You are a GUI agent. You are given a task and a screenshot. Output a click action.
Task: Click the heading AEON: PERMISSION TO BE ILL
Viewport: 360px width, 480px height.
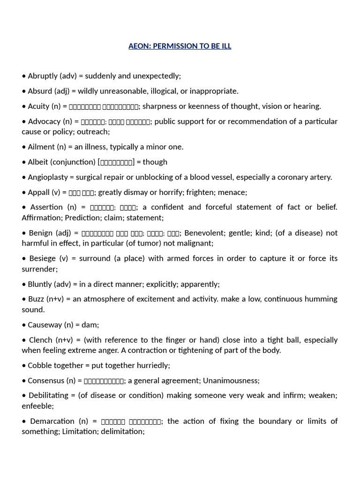[x=180, y=46]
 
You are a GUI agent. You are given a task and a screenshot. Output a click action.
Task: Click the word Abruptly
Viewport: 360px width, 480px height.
[x=43, y=76]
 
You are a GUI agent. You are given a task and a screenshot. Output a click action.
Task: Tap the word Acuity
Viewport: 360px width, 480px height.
[x=38, y=106]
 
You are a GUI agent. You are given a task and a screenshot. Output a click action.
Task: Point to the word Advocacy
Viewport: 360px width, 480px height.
[x=44, y=121]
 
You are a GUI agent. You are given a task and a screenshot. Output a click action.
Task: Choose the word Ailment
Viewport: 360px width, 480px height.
[x=41, y=147]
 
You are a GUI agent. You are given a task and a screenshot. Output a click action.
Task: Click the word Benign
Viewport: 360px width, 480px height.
[x=40, y=233]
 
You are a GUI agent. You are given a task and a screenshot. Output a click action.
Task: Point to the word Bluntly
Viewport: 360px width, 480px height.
[x=40, y=284]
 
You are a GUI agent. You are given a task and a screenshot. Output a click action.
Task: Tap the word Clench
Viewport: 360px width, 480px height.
[x=41, y=340]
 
